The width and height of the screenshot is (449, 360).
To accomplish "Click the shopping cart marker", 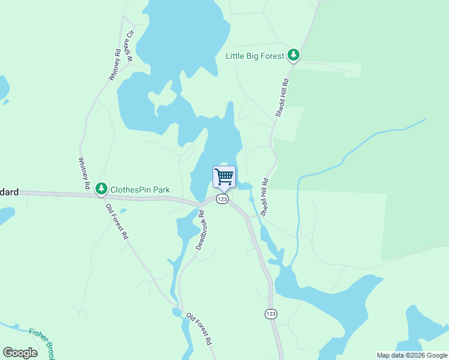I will pos(224,177).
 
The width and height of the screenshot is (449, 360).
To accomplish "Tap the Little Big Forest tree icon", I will pos(293,56).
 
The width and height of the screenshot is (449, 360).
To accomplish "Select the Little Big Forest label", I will pos(255,56).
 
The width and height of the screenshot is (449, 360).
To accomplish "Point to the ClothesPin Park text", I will pos(140,190).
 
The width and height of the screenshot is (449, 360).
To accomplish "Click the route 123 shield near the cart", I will pos(222,199).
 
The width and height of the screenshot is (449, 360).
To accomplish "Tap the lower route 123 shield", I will pos(271,314).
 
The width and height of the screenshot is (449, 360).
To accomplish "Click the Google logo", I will pos(20,353).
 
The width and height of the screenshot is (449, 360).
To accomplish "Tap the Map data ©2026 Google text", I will pos(412,356).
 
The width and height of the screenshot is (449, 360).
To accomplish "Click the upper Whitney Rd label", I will pos(115,65).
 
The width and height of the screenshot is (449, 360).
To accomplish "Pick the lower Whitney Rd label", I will pos(83,173).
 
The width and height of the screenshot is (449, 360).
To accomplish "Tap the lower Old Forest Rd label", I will pos(199,329).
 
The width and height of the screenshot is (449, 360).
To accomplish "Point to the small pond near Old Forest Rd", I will pos(122,211).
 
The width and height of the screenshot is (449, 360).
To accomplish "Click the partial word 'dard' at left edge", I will pos(9,193).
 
